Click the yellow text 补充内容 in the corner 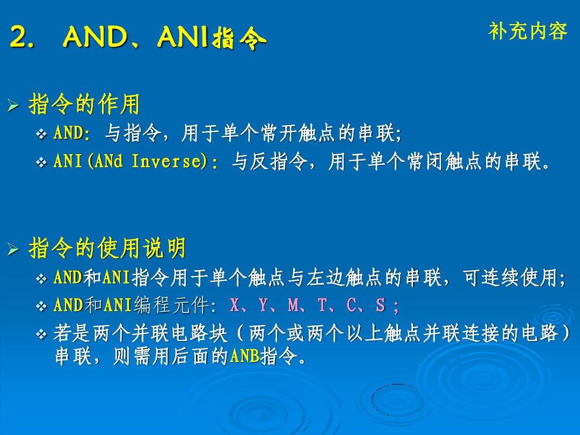528,31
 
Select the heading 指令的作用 84,104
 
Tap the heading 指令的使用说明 107,248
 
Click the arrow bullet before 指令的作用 13,106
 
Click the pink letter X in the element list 234,305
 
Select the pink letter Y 263,305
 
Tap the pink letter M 293,305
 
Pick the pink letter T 322,305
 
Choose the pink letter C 351,305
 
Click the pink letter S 380,305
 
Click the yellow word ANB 244,357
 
